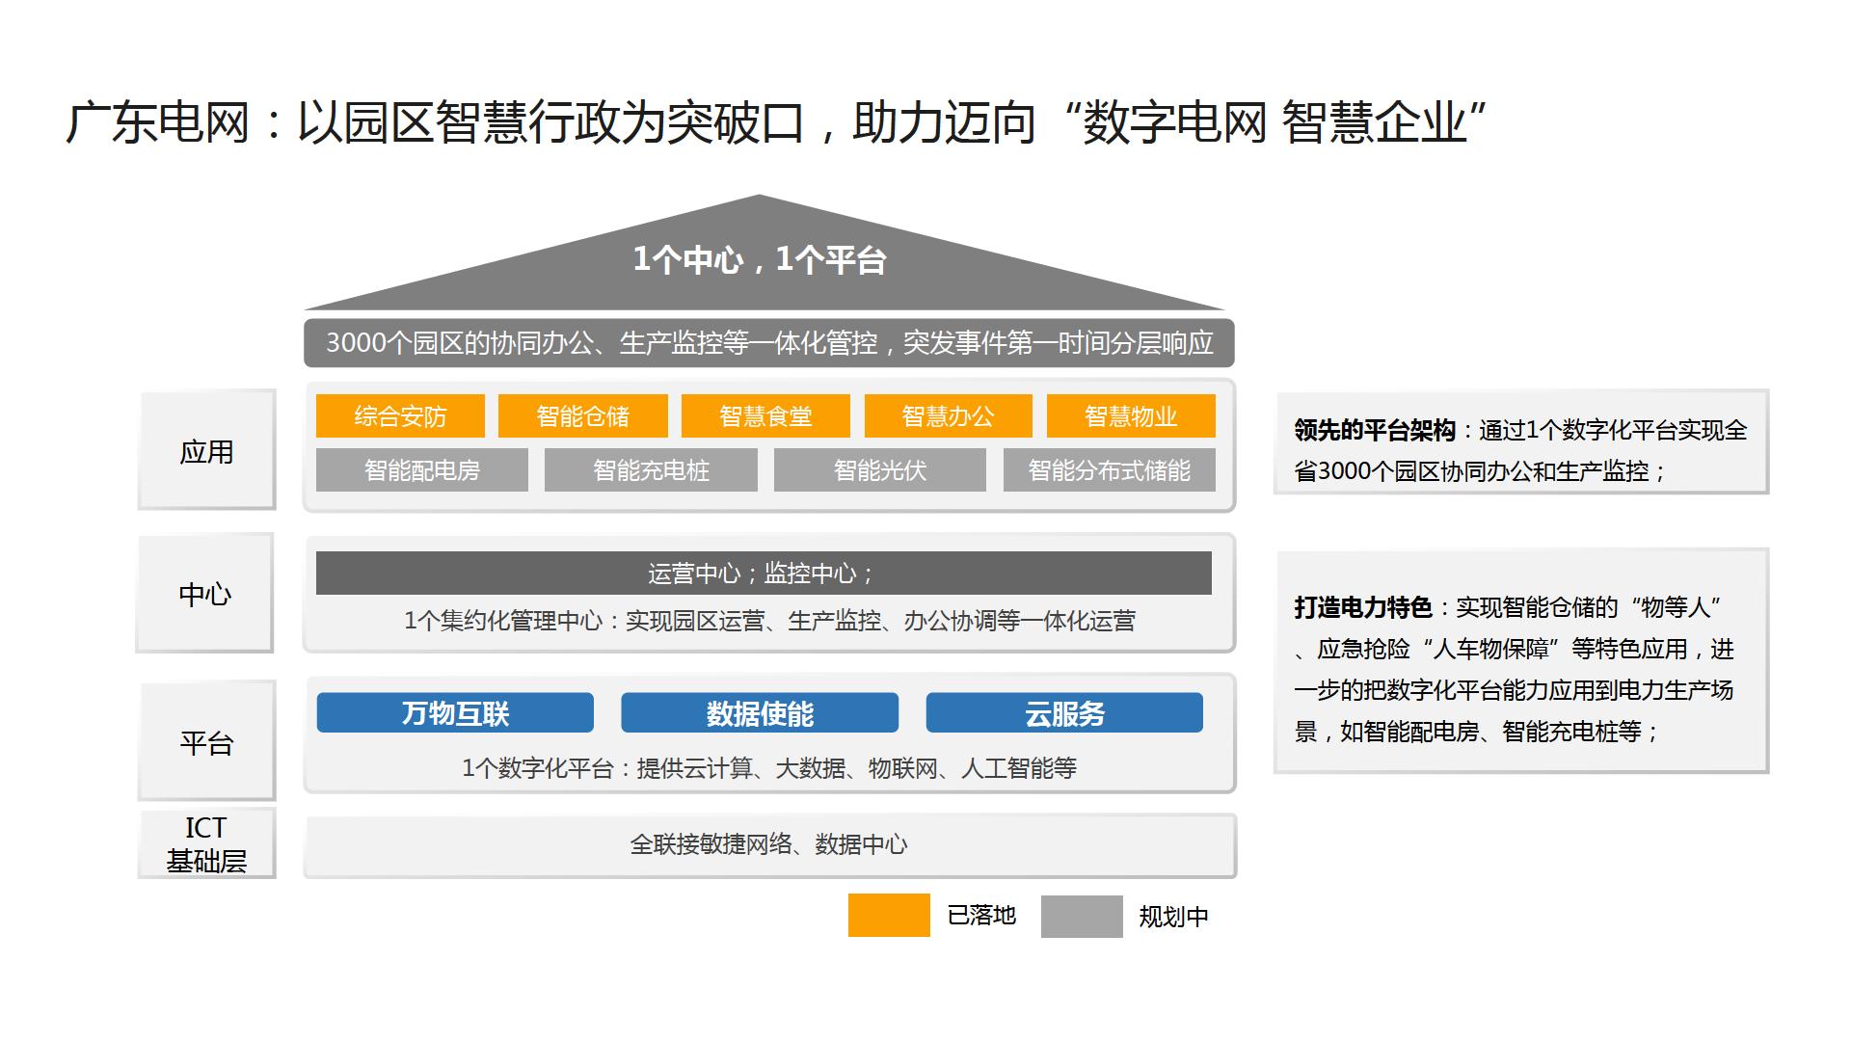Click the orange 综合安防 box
[400, 416]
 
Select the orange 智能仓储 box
[582, 416]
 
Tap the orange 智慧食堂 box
[765, 416]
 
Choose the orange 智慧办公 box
[948, 416]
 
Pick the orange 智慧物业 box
[1131, 416]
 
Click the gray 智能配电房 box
[422, 470]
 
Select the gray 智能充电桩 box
[651, 470]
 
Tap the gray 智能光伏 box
[880, 470]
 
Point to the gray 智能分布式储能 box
[1110, 470]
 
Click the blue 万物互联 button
[455, 713]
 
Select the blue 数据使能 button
[760, 713]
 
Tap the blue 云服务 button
[1064, 713]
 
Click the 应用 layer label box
[206, 450]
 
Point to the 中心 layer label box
[205, 593]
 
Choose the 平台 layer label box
[206, 741]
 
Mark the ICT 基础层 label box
[206, 843]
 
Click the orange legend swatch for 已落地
[889, 916]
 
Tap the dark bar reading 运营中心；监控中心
[764, 574]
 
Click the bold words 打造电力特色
[1363, 607]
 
